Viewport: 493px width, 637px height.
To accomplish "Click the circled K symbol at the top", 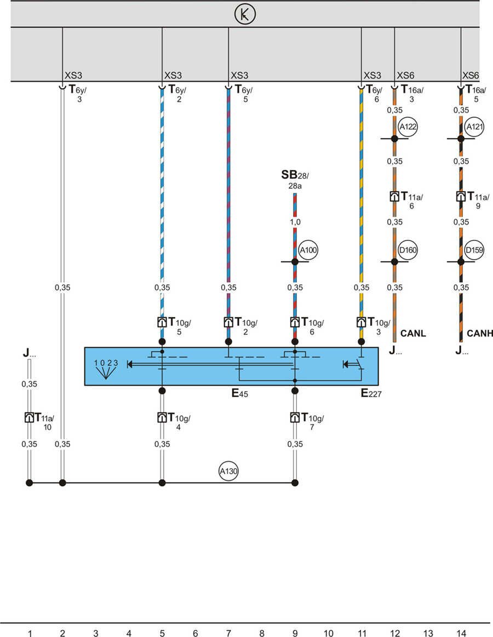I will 245,14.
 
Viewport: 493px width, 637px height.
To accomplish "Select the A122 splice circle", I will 408,127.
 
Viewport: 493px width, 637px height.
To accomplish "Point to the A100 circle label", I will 308,250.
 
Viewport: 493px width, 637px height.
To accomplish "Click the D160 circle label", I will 408,250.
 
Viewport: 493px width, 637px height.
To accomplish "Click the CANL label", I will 413,333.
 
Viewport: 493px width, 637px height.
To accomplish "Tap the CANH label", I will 480,333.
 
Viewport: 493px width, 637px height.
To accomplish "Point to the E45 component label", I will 240,393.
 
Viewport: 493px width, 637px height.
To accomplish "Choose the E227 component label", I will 371,393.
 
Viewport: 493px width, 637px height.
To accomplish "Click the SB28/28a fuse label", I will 295,180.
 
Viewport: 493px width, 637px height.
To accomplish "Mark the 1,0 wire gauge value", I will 295,222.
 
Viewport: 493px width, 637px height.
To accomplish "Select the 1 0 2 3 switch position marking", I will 106,363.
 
